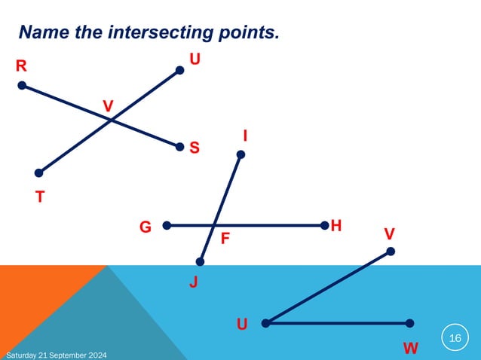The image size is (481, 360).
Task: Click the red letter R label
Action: click(22, 66)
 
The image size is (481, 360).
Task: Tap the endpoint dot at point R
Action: click(22, 85)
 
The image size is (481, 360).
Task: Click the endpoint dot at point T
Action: click(38, 172)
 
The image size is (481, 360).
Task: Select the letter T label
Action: click(40, 197)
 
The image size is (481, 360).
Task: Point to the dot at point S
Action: click(179, 147)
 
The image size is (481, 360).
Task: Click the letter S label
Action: click(195, 148)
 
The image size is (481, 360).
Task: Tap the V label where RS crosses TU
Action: click(109, 105)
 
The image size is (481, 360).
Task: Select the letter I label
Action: click(246, 136)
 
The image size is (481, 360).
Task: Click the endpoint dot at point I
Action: click(241, 154)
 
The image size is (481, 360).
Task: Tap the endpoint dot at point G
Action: click(167, 224)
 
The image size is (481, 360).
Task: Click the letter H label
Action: click(336, 225)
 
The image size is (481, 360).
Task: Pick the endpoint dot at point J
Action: click(200, 262)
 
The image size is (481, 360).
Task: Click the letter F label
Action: click(225, 239)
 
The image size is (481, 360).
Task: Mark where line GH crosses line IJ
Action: click(214, 224)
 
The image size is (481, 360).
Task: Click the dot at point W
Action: click(409, 323)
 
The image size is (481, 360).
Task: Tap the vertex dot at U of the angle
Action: click(265, 323)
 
